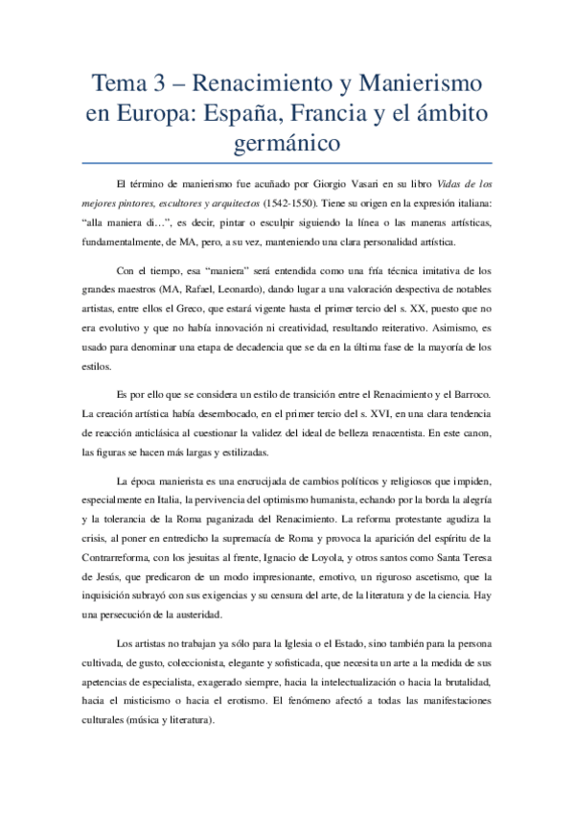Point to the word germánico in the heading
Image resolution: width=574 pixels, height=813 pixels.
(x=287, y=145)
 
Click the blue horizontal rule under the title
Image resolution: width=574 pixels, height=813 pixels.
(x=287, y=163)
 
